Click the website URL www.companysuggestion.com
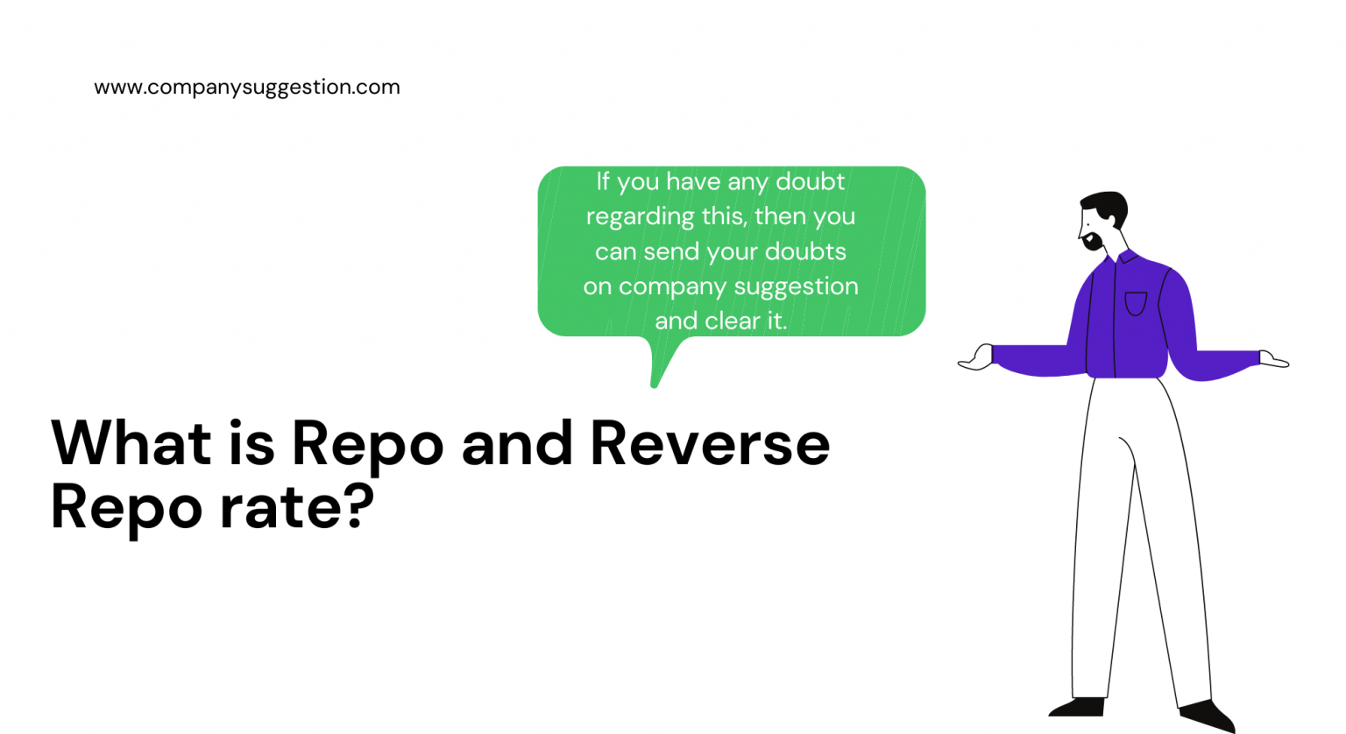click(x=246, y=87)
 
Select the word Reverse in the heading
click(x=710, y=443)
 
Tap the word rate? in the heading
click(x=296, y=507)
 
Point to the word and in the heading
click(x=517, y=443)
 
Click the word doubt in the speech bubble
click(x=811, y=181)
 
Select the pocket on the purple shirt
click(x=1136, y=303)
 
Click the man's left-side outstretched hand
click(x=976, y=358)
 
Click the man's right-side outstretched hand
click(x=1273, y=359)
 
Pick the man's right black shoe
click(x=1209, y=714)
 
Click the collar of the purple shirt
click(x=1125, y=258)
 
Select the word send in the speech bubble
click(x=672, y=252)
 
